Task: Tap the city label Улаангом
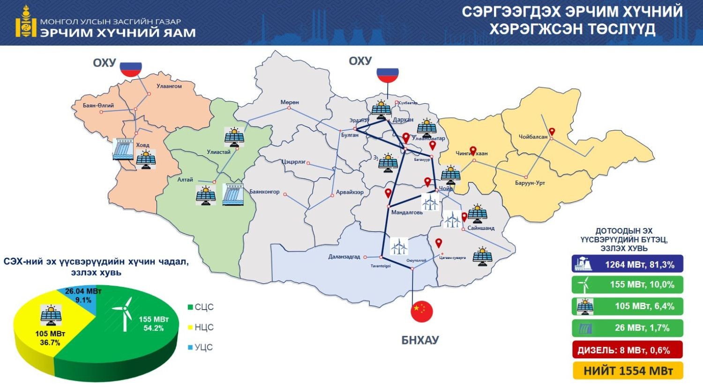pos(169,86)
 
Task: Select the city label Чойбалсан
pos(533,137)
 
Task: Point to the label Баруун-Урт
pos(530,183)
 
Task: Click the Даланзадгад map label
pos(344,257)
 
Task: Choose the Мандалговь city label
pos(406,212)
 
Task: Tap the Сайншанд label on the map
pos(480,228)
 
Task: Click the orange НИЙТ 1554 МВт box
pos(628,371)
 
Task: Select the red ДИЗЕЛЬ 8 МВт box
pos(628,350)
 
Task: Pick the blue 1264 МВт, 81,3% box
pos(628,265)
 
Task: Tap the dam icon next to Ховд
pos(123,150)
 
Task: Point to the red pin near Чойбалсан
pos(552,132)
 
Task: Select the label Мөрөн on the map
pos(289,102)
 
